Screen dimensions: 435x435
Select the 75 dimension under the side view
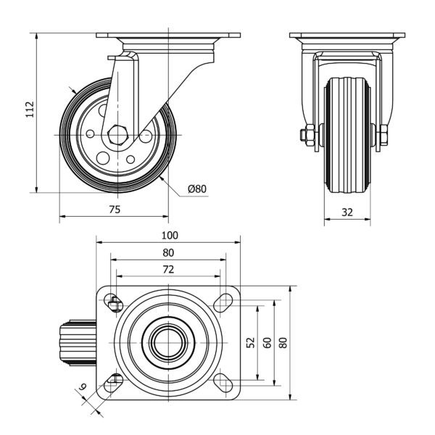[x=115, y=210]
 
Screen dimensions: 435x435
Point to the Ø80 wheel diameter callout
[x=197, y=189]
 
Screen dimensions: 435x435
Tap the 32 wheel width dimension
[x=347, y=213]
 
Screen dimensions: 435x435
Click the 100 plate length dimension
[x=170, y=236]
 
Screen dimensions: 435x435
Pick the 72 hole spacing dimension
[x=168, y=269]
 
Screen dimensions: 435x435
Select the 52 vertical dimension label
[x=251, y=342]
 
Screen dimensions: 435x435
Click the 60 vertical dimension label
[x=267, y=342]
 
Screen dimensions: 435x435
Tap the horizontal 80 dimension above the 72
[x=168, y=253]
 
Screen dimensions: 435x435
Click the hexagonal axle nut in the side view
[x=120, y=135]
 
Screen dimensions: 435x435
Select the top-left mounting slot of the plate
[x=113, y=303]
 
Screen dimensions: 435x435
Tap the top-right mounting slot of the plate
[x=223, y=303]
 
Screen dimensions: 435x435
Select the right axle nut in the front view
[x=382, y=136]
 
